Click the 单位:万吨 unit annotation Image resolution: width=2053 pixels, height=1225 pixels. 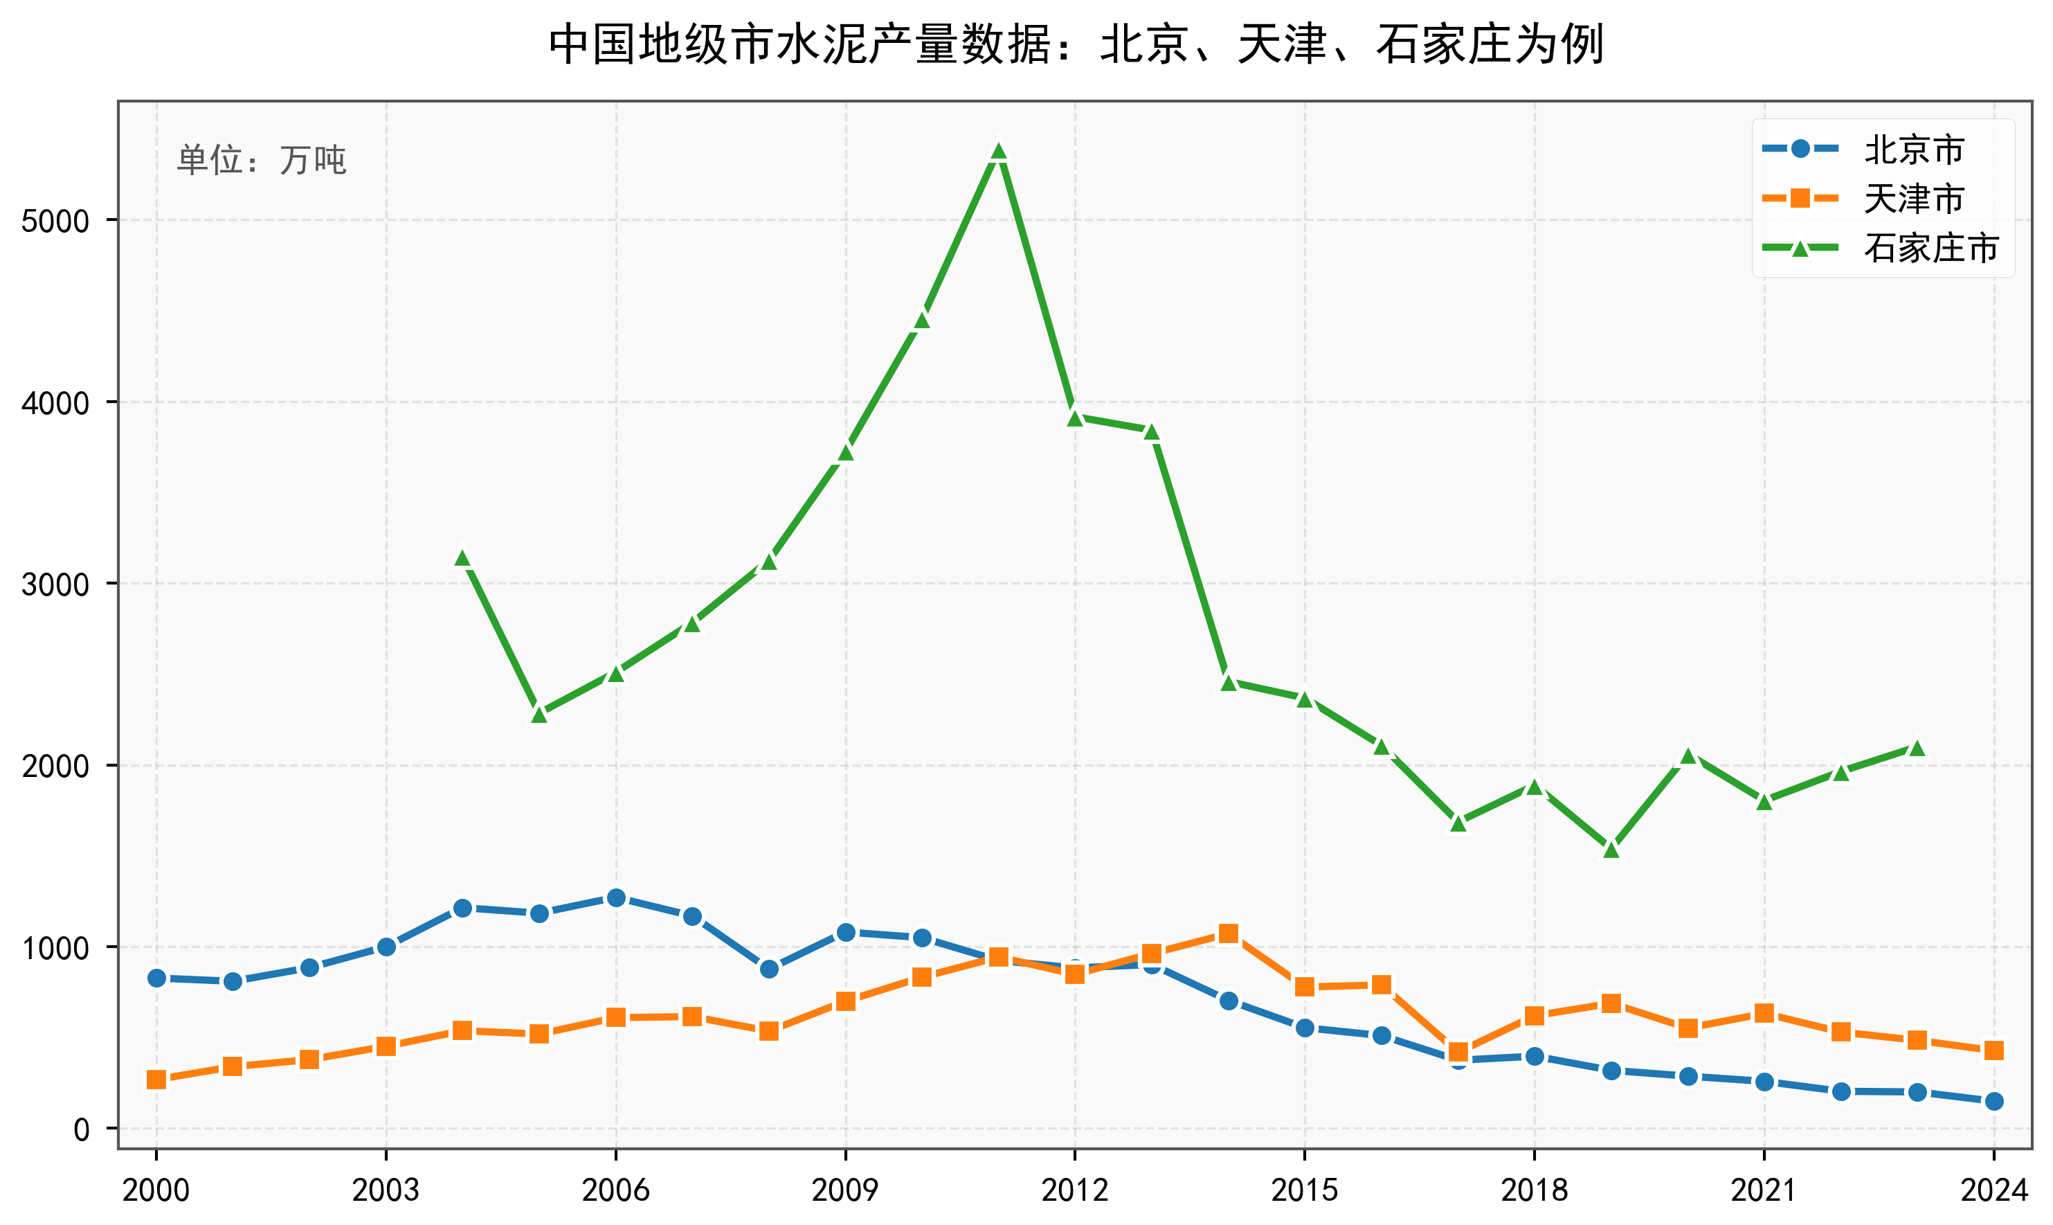point(262,160)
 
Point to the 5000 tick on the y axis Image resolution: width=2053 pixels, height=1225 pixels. point(55,221)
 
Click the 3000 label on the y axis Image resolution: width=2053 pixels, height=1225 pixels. point(55,584)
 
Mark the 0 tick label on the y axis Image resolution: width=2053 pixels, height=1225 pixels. point(81,1130)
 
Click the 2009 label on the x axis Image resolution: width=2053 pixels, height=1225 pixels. point(845,1190)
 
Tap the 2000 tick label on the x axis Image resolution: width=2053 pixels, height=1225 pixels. point(156,1190)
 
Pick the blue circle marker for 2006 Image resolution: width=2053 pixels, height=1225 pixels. point(615,898)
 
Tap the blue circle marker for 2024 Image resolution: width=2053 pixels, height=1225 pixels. point(1993,1101)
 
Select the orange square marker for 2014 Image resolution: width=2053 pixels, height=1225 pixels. point(1228,933)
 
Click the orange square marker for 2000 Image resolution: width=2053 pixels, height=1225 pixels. point(156,1080)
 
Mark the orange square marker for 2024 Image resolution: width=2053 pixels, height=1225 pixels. point(1993,1050)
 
